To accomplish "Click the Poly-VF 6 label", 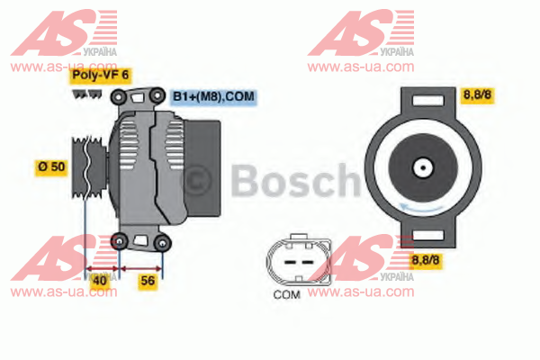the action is click(x=100, y=75).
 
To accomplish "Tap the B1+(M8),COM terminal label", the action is click(x=213, y=96).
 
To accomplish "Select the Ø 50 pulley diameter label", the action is click(x=51, y=167).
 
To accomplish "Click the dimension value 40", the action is click(x=100, y=281).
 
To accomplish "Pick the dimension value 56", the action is click(x=148, y=281).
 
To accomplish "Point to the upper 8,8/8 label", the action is click(x=477, y=94).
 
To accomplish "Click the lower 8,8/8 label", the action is click(x=426, y=260).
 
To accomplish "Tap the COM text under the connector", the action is click(x=286, y=295).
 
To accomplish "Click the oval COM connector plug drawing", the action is click(x=298, y=260).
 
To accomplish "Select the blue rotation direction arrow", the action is click(x=421, y=208).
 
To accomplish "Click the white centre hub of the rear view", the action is click(x=423, y=168).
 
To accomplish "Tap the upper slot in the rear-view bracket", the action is click(x=428, y=102).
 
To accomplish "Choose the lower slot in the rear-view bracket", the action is click(x=428, y=235).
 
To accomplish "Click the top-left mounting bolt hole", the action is click(x=118, y=97).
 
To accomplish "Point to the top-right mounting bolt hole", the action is click(x=157, y=95).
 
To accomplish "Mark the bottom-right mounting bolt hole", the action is click(x=162, y=243).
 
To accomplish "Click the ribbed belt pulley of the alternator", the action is click(x=89, y=167).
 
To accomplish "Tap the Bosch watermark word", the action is click(x=295, y=181).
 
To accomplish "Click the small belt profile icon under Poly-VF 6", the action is click(x=87, y=94).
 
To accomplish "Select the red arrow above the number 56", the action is click(x=141, y=268).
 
